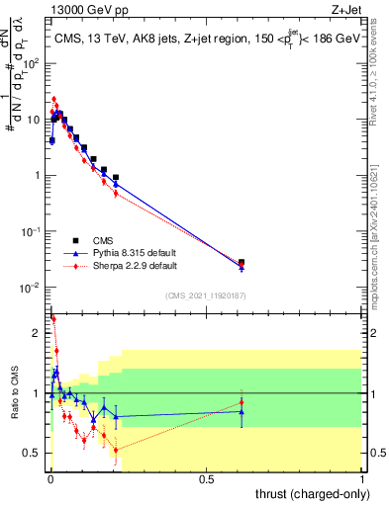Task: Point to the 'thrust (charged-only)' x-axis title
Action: (311, 492)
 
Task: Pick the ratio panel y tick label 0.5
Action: (34, 454)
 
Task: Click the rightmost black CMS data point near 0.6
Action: (242, 263)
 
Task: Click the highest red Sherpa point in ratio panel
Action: (53, 319)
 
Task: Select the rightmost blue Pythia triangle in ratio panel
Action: (242, 411)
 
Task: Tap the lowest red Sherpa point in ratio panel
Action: (116, 451)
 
